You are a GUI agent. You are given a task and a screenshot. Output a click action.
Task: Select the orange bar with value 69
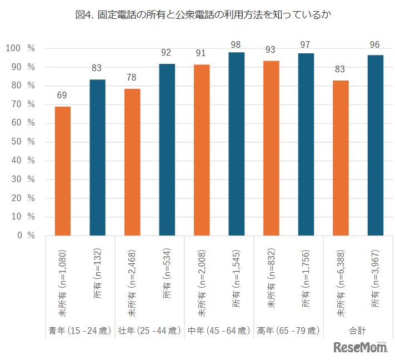63,171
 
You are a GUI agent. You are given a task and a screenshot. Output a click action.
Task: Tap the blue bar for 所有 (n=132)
97,157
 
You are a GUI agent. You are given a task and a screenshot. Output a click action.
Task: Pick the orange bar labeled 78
132,162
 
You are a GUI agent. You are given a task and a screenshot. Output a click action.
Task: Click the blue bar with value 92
167,149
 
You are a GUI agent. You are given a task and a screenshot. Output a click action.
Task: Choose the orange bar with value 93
271,148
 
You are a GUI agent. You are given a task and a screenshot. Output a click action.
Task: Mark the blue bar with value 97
306,144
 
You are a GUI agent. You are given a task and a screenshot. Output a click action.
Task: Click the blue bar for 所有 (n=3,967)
375,145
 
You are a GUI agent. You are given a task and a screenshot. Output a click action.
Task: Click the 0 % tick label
24,235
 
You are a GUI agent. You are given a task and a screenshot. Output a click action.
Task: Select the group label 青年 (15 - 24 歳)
80,331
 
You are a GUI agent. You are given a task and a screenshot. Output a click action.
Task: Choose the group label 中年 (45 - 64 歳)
219,331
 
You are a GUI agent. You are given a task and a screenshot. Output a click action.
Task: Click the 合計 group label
358,331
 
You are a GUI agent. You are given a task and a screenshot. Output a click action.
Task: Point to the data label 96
375,43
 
